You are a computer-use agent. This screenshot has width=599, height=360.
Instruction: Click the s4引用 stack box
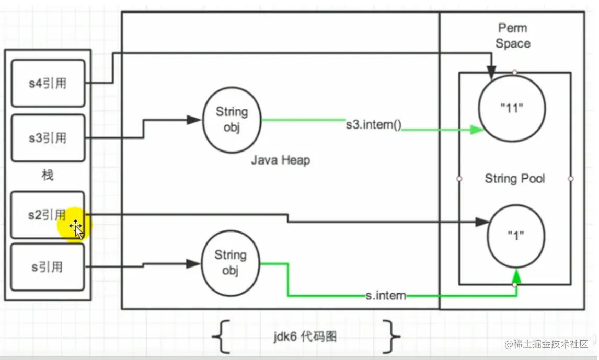tap(48, 83)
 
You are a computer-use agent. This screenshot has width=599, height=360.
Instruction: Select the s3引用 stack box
tap(48, 138)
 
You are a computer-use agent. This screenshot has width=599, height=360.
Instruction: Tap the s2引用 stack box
tap(48, 214)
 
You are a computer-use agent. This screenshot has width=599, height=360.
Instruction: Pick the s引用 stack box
tap(48, 266)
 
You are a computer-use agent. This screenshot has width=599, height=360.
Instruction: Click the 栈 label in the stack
tap(48, 175)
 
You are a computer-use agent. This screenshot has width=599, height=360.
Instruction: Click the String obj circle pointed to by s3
tap(231, 120)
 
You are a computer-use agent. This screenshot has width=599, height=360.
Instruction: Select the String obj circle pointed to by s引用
tap(230, 263)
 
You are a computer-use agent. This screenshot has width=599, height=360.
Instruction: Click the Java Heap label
tap(280, 160)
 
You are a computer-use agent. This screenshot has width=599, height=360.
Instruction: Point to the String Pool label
tap(514, 179)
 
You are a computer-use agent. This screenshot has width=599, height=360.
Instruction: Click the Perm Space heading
tap(513, 36)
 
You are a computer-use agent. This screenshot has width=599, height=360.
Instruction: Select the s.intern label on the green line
tap(386, 296)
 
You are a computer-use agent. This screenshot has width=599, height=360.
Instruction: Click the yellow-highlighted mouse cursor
tap(76, 228)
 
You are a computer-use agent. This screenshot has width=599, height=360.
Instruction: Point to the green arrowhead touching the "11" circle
tap(476, 130)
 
